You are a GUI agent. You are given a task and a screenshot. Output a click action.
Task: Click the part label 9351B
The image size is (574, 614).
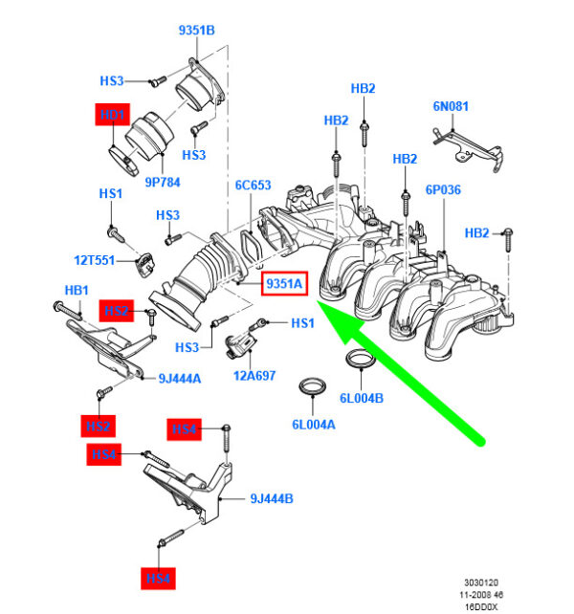click(196, 31)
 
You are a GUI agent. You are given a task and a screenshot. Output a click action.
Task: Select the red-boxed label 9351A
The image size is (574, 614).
click(284, 285)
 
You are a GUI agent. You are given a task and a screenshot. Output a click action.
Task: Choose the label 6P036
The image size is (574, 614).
click(443, 190)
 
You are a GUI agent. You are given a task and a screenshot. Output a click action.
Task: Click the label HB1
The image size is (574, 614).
click(76, 290)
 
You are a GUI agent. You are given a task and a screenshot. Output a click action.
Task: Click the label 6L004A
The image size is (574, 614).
click(313, 424)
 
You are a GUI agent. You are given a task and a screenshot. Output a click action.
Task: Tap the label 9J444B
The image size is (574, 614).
click(272, 498)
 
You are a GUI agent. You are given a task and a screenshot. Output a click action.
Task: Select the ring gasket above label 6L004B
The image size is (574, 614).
click(359, 362)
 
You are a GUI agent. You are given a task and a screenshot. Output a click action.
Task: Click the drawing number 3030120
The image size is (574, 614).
click(481, 581)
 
